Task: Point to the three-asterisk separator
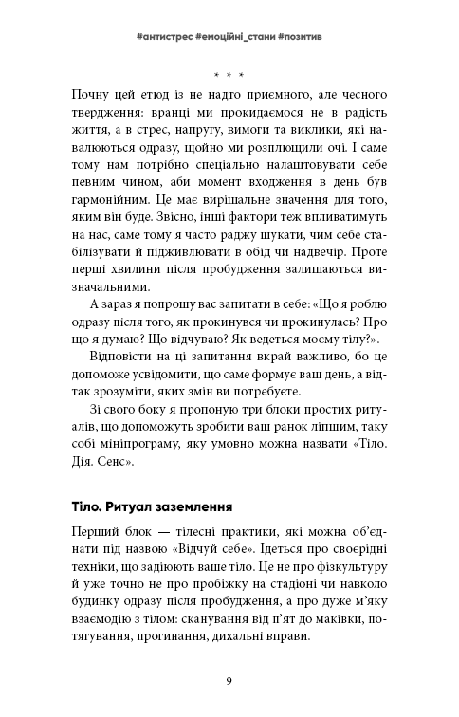(x=229, y=74)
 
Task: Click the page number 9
(x=229, y=681)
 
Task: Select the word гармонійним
(x=113, y=204)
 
